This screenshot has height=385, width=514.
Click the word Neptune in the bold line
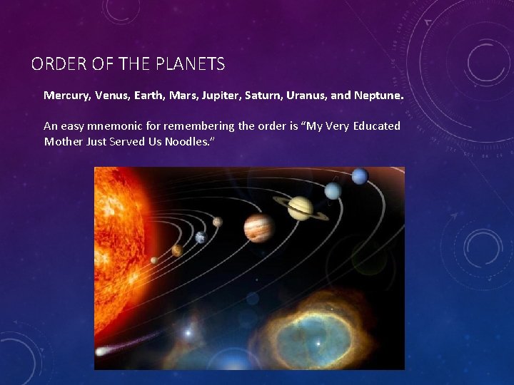pos(378,95)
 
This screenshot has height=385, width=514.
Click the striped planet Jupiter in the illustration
pos(258,227)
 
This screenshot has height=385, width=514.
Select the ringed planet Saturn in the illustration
pos(301,208)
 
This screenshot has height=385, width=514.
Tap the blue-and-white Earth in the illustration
pos(201,237)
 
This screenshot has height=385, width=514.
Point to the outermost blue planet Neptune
pos(360,175)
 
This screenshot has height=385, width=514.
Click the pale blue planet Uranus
pos(333,190)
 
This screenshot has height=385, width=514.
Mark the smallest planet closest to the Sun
pos(154,260)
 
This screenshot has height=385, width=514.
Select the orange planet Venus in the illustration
pos(176,250)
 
